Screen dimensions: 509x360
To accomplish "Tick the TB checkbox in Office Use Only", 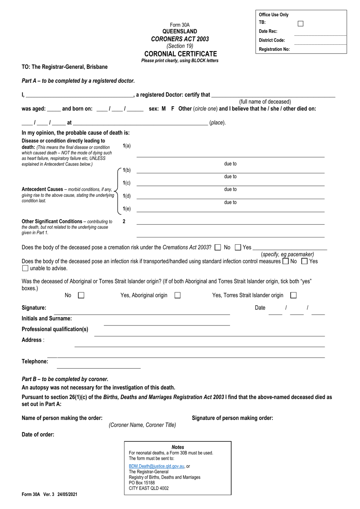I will tap(301, 24).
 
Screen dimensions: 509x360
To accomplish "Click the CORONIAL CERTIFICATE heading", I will tap(180, 54).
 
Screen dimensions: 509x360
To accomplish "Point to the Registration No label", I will tap(274, 49).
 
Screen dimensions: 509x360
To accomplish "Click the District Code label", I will tap(272, 40).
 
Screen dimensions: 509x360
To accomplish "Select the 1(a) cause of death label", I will tap(127, 146).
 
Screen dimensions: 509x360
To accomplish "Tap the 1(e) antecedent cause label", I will tap(127, 209).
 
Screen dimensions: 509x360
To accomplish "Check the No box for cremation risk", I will tap(218, 248).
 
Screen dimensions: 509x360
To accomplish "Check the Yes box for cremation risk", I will tap(238, 248).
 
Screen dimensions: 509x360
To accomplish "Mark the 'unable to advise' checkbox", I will tap(25, 269).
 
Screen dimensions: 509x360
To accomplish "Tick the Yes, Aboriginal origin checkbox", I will tap(177, 295).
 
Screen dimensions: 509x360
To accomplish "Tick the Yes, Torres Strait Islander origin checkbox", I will tap(293, 295).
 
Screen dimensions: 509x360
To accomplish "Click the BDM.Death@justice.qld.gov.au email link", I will tap(157, 466).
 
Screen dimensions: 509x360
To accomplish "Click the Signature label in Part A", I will tap(34, 308).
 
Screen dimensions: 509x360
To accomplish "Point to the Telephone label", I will tap(35, 361).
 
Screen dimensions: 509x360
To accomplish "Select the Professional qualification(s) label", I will tap(55, 329).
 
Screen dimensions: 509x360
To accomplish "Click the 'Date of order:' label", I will tap(38, 435).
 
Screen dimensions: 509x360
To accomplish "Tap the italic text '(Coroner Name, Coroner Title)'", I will tap(142, 425).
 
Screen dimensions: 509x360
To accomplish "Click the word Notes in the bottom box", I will tap(178, 447).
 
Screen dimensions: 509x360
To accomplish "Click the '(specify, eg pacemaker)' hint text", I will tap(287, 254).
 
